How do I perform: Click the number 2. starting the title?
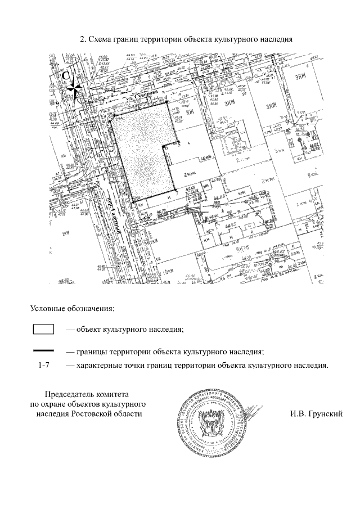(84, 40)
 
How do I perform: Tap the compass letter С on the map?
(66, 75)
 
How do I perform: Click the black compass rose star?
(74, 88)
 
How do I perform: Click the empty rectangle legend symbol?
(43, 330)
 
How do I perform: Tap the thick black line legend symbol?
(43, 350)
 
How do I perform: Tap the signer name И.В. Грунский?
(316, 413)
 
